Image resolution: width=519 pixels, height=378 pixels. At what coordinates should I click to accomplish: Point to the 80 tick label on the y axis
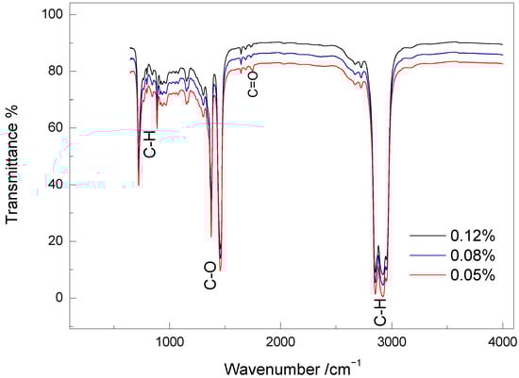pos(53,72)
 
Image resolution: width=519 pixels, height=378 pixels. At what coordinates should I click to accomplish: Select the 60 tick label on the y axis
pos(53,128)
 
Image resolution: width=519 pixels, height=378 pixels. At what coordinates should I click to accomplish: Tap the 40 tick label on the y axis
pos(53,185)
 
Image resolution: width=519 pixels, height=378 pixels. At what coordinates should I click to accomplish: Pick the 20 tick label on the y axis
pos(53,241)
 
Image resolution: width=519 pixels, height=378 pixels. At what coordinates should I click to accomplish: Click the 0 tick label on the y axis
pos(57,298)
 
